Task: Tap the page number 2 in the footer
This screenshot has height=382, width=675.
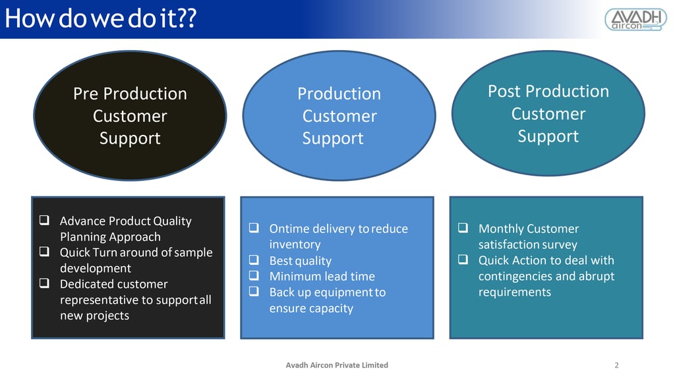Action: click(616, 365)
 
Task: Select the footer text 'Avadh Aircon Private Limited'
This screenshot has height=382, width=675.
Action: click(337, 365)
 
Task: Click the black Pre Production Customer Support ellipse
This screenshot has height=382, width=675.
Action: click(130, 116)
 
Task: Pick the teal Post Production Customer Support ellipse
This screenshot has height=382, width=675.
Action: click(548, 113)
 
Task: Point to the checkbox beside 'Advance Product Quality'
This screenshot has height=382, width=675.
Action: click(45, 221)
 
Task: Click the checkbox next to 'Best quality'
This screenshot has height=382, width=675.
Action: click(254, 261)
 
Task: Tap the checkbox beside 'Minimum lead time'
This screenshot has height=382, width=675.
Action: click(254, 277)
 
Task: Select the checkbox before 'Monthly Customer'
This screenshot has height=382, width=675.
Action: click(463, 229)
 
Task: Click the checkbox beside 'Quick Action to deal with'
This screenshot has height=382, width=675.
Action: click(463, 261)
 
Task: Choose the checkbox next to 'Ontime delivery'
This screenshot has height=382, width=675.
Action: click(254, 229)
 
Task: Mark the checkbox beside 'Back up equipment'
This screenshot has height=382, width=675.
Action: click(254, 292)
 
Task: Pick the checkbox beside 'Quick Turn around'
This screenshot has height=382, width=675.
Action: click(45, 253)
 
